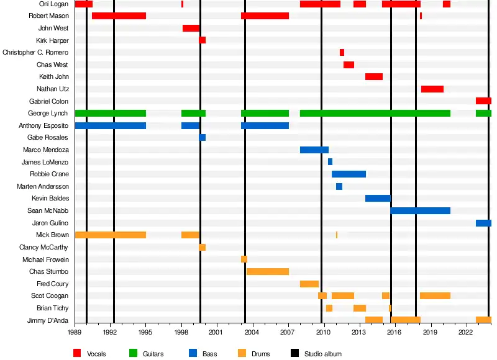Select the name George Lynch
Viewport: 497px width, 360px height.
(48, 113)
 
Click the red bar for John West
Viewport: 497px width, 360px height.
(191, 28)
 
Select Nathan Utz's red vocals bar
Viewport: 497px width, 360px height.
(432, 89)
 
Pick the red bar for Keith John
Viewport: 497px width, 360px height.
(373, 76)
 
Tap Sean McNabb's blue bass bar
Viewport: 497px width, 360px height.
(420, 210)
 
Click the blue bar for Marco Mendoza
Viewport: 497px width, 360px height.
(314, 150)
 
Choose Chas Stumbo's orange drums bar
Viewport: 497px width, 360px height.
(267, 271)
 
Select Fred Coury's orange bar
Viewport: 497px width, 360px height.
(309, 284)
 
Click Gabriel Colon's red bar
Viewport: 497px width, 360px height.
(483, 101)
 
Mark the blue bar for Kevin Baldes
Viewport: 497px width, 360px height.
(377, 198)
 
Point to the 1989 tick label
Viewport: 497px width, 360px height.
(75, 332)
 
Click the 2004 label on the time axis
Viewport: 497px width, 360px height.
(252, 332)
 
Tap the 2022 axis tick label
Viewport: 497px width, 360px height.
(466, 332)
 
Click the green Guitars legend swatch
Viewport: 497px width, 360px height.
(133, 353)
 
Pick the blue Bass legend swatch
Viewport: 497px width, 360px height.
(193, 353)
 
